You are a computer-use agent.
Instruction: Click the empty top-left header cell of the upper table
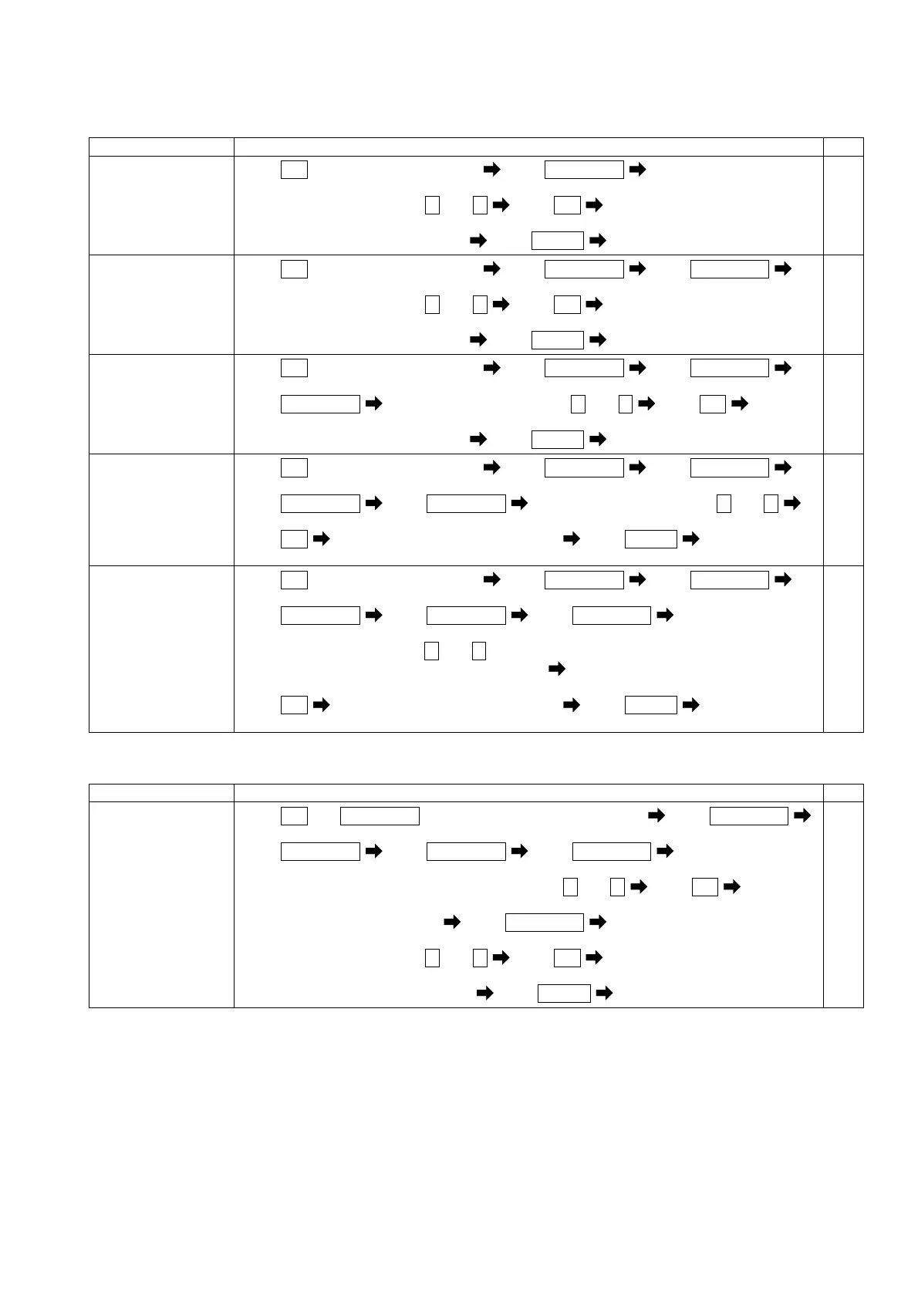point(161,147)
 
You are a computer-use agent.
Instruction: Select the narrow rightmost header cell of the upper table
point(842,147)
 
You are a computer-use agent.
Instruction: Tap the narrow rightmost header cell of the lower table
point(842,793)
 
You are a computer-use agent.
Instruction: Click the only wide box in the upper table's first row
point(583,170)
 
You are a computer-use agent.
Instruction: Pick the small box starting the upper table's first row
point(294,170)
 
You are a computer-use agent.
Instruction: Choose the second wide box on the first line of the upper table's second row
point(729,269)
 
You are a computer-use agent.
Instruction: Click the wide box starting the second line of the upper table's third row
point(320,403)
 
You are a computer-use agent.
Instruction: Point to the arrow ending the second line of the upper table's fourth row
point(791,504)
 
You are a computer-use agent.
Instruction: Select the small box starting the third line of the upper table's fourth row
point(294,538)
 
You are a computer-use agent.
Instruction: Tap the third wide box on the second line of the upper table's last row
point(611,615)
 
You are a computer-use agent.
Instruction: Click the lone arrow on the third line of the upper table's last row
point(556,670)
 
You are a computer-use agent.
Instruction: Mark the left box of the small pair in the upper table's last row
point(431,650)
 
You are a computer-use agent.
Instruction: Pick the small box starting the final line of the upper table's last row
point(294,704)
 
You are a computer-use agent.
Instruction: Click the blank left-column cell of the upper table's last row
point(161,648)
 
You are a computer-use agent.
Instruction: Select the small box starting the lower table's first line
point(294,816)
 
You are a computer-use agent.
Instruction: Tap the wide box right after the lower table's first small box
point(380,816)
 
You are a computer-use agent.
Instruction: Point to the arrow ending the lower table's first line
point(802,816)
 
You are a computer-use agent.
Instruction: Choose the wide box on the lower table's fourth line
point(544,922)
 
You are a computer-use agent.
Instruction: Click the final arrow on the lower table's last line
point(605,993)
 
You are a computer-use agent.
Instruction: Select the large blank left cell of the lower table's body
point(161,904)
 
